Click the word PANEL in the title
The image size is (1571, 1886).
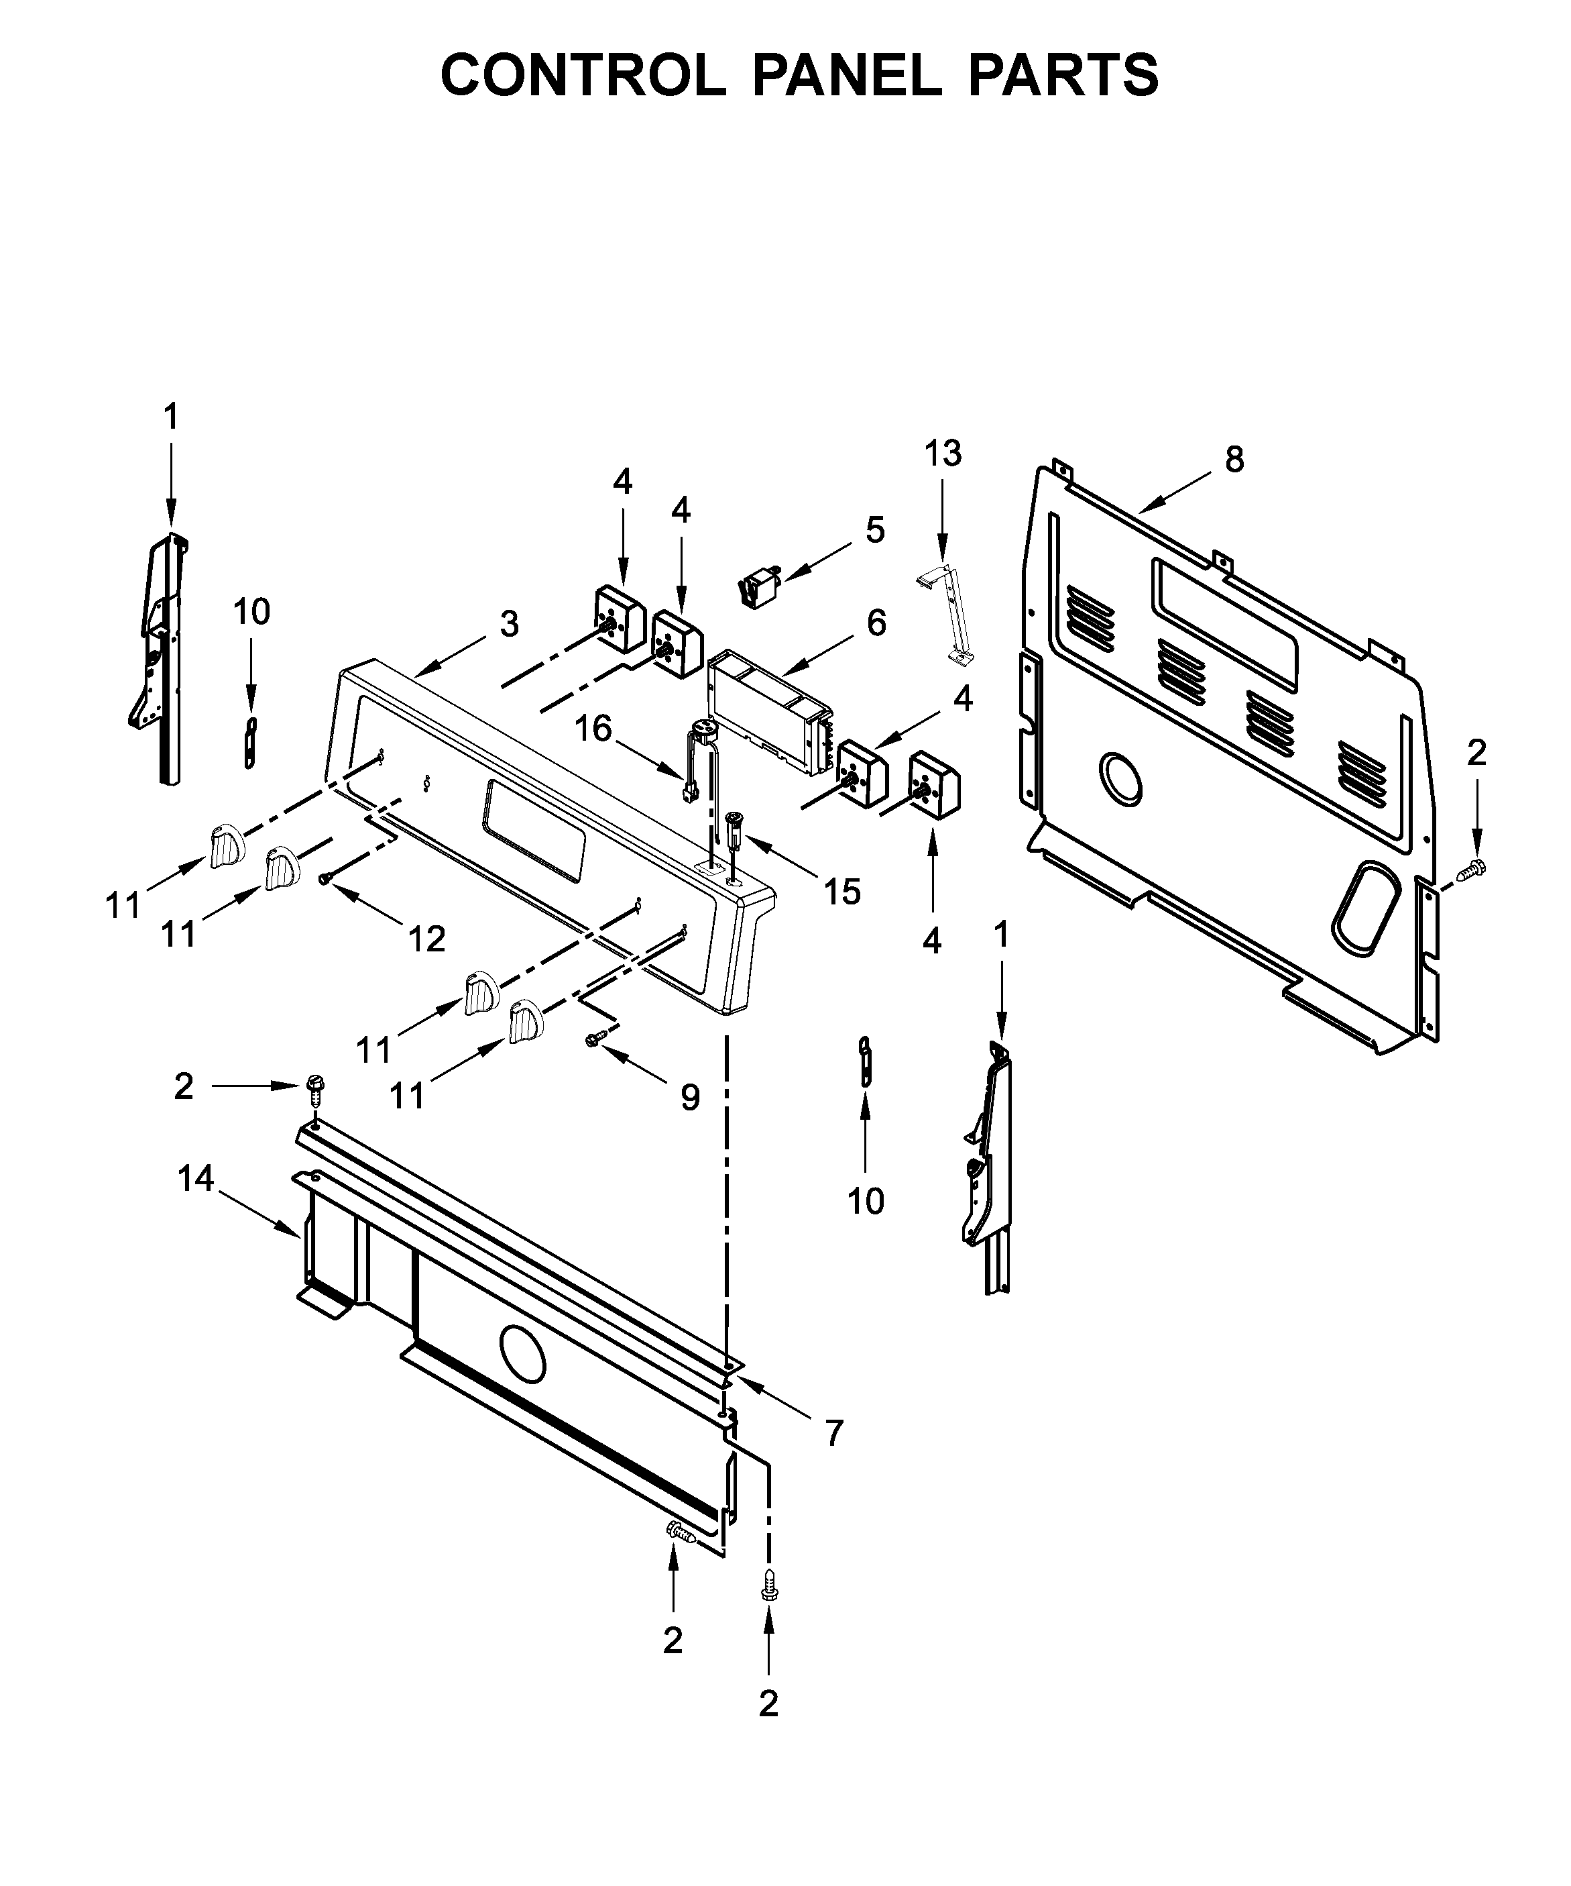pyautogui.click(x=847, y=74)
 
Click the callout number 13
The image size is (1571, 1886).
pyautogui.click(x=943, y=454)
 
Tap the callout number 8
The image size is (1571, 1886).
pyautogui.click(x=1234, y=459)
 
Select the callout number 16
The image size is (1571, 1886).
pyautogui.click(x=593, y=729)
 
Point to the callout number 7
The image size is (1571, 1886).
pyautogui.click(x=834, y=1434)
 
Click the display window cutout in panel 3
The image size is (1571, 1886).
pyautogui.click(x=534, y=829)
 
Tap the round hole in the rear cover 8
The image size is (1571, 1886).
pyautogui.click(x=1120, y=778)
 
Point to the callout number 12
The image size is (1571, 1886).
pyautogui.click(x=426, y=939)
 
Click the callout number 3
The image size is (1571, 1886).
pyautogui.click(x=509, y=623)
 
